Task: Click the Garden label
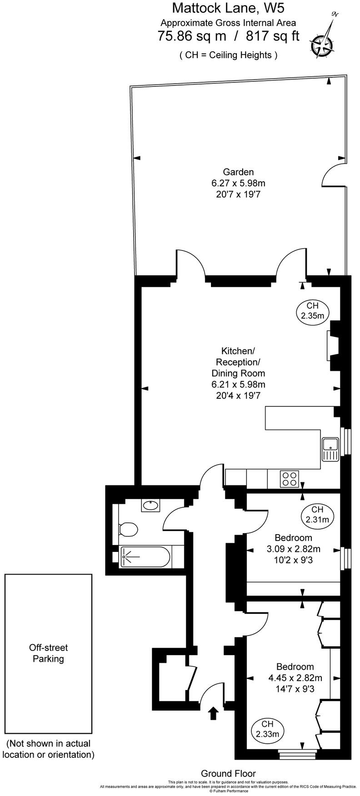(x=238, y=172)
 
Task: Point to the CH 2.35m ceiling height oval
(x=312, y=311)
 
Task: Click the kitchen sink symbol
(x=330, y=450)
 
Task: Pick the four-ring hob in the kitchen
(x=290, y=478)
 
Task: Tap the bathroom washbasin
(x=150, y=505)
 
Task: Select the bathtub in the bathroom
(x=145, y=556)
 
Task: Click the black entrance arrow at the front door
(x=212, y=713)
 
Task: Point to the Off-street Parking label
(x=48, y=653)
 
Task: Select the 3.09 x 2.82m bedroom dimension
(x=293, y=549)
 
